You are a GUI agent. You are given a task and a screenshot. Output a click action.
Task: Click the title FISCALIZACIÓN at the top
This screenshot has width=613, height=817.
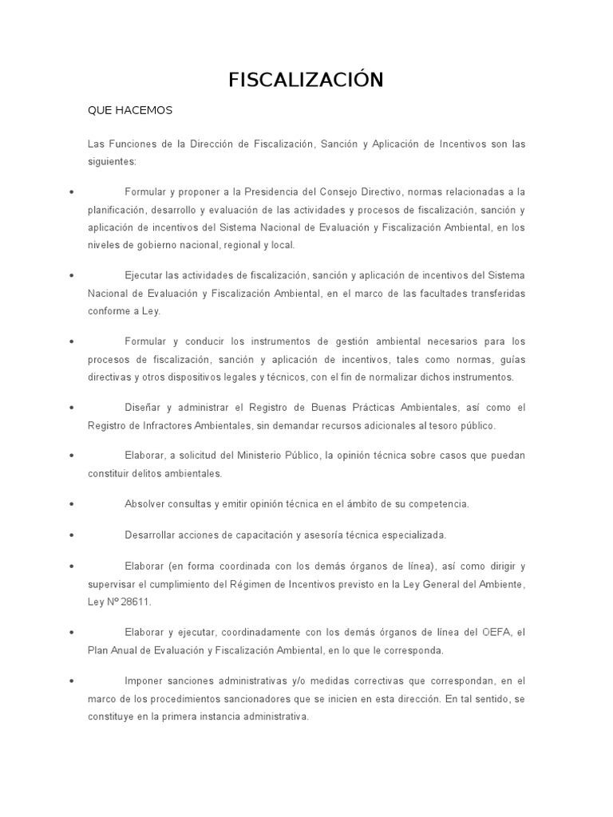point(306,80)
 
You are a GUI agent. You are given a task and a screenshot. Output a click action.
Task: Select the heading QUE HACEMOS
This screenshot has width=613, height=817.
point(129,109)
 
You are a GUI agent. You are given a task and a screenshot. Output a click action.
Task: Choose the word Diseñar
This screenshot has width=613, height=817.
point(143,408)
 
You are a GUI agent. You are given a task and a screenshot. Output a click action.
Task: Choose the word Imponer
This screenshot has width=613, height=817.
point(144,681)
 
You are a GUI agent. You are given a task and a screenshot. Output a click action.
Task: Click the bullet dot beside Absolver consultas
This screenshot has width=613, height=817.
point(73,504)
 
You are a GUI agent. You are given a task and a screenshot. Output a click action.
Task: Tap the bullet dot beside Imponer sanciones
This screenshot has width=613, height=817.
point(73,681)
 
